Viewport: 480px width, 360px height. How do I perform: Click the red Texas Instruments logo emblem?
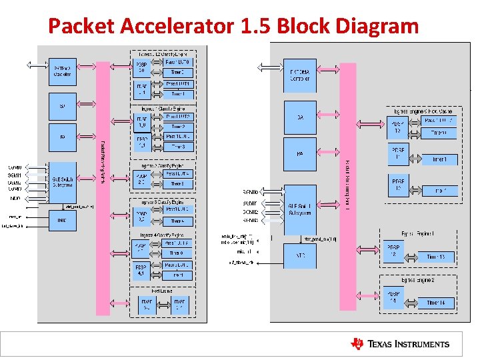(358, 344)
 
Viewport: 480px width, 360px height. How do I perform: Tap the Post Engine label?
(163, 290)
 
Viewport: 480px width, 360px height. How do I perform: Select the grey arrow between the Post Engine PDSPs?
(163, 305)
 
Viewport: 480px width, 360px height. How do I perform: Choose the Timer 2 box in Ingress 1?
(177, 126)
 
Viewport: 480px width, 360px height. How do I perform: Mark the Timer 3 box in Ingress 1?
(177, 147)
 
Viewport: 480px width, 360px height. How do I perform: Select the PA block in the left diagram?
(63, 137)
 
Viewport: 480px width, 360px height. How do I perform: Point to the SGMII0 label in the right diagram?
(251, 192)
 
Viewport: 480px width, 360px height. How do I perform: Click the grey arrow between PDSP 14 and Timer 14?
(413, 302)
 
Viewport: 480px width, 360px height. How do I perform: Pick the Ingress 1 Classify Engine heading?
(163, 108)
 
